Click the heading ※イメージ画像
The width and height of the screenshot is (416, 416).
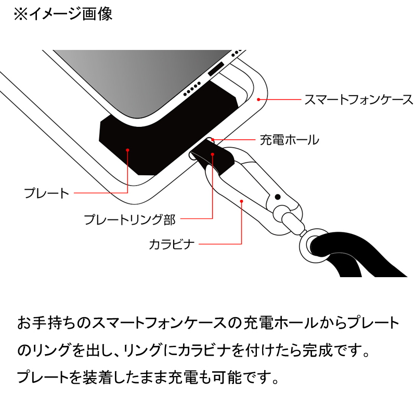(x=63, y=14)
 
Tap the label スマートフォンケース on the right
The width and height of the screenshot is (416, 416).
(x=358, y=99)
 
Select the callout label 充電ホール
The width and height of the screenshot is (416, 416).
(x=289, y=140)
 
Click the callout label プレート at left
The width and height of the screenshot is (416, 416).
(x=46, y=193)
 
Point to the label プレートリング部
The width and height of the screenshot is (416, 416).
(x=129, y=219)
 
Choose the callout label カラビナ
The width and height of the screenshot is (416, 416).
(x=172, y=244)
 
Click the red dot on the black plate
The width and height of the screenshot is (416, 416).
(x=127, y=150)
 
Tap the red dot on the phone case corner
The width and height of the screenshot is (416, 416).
(x=258, y=99)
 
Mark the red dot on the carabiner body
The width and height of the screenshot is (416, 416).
(x=241, y=201)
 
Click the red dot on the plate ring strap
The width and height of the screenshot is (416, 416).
(x=213, y=154)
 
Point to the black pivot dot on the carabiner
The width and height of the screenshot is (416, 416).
(x=278, y=197)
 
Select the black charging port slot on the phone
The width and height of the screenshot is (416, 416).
(x=216, y=69)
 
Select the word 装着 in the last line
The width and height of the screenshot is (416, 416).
(x=98, y=377)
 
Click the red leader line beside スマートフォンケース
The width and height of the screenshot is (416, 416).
(x=280, y=99)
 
